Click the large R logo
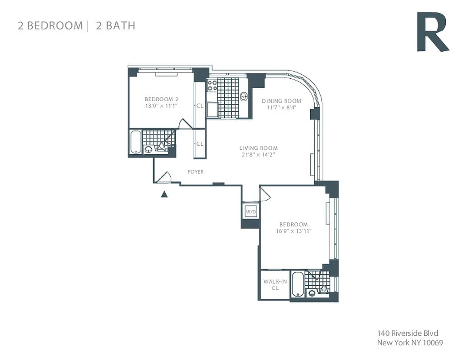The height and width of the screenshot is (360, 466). [x=431, y=32]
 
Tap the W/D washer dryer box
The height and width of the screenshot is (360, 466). [x=251, y=212]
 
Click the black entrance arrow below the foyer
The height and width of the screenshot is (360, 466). [x=165, y=194]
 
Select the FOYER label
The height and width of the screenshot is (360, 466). [x=196, y=172]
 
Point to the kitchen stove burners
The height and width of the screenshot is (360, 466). [x=212, y=85]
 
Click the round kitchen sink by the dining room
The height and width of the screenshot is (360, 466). [x=244, y=96]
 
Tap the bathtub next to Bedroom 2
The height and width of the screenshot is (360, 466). [x=136, y=142]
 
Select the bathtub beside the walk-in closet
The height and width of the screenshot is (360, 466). [x=297, y=284]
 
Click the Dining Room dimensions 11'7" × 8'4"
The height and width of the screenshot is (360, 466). [x=281, y=108]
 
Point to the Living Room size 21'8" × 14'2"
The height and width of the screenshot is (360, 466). [x=258, y=155]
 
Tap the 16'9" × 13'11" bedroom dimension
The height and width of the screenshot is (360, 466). [x=293, y=231]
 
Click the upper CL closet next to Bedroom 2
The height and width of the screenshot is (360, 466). [x=199, y=106]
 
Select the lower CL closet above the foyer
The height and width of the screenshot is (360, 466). [x=199, y=144]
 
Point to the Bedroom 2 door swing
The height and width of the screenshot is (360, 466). [x=184, y=124]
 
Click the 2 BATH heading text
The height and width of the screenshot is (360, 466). [x=115, y=25]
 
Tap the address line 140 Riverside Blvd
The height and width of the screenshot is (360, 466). [x=407, y=334]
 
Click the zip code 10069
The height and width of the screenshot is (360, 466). [x=433, y=343]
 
